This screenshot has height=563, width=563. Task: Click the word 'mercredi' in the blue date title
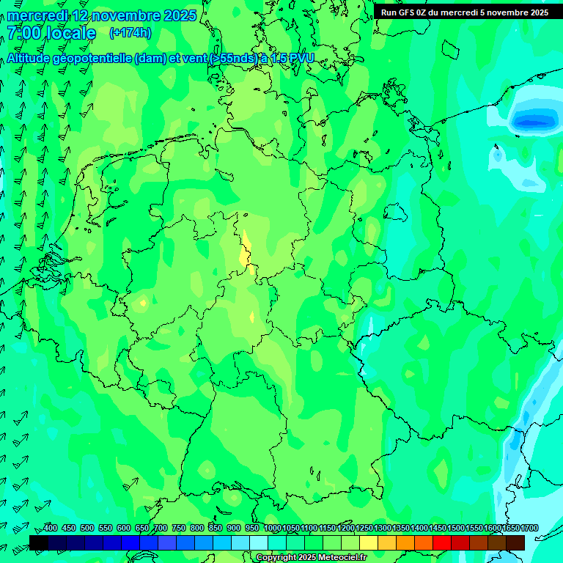click(37, 15)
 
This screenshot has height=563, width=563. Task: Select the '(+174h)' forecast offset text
click(130, 33)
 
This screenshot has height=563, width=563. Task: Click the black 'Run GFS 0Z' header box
click(465, 12)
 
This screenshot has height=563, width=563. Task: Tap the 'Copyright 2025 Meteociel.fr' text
click(312, 558)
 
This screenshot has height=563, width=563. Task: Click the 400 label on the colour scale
click(51, 529)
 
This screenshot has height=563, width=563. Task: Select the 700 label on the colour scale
click(161, 529)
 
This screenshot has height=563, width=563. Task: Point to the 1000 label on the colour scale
click(273, 529)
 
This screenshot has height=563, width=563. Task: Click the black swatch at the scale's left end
click(39, 542)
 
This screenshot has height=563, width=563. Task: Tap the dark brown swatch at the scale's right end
click(515, 542)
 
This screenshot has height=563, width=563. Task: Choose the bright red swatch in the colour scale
click(442, 542)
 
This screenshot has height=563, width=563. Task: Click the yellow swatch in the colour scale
click(369, 542)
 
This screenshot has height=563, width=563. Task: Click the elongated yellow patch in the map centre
click(246, 251)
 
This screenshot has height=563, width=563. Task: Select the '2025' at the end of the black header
click(538, 12)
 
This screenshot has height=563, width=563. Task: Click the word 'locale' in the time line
click(71, 33)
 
